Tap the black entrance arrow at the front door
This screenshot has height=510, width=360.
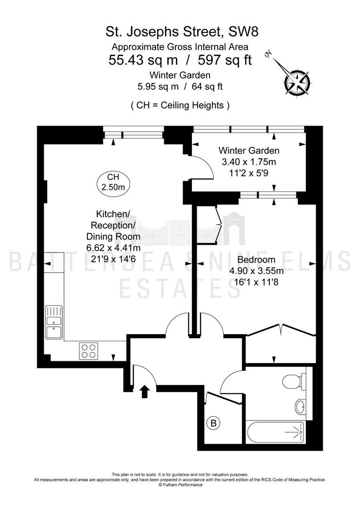click(x=144, y=391)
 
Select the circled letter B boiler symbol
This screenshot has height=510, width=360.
click(x=213, y=423)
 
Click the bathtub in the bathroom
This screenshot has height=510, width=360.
click(x=276, y=432)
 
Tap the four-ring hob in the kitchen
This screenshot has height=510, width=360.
click(x=89, y=351)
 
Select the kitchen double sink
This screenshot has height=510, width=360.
click(x=54, y=323)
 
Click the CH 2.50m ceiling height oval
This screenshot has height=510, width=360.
click(x=113, y=183)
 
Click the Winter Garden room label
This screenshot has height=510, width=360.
click(x=249, y=151)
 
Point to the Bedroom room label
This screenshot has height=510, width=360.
click(x=256, y=260)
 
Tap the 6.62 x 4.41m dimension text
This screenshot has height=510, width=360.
click(x=113, y=248)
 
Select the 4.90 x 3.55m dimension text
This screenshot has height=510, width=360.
click(x=256, y=271)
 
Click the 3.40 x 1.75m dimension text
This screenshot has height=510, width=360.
click(x=249, y=161)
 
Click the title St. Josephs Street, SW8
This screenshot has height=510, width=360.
click(x=182, y=32)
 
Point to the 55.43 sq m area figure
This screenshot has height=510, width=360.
click(x=143, y=60)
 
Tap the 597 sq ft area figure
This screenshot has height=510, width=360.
click(x=225, y=60)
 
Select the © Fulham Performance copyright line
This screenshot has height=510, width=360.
click(x=180, y=484)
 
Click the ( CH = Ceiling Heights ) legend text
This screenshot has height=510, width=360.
click(x=180, y=105)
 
